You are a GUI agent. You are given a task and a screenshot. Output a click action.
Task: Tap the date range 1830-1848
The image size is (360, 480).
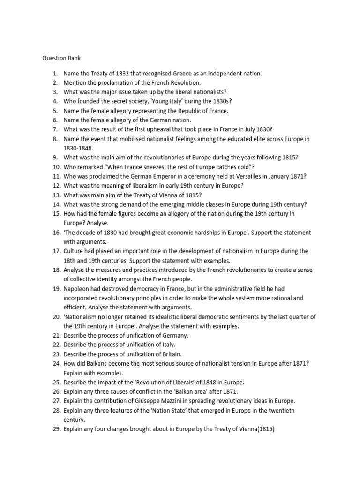(x=78, y=148)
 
